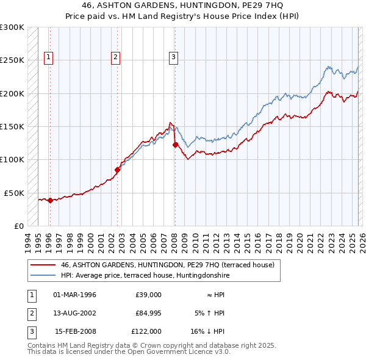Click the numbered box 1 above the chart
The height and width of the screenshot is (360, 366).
(x=48, y=58)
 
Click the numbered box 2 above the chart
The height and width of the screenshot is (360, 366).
(x=115, y=58)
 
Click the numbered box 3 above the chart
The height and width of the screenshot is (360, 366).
(x=173, y=58)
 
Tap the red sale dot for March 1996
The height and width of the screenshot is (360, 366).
(x=50, y=200)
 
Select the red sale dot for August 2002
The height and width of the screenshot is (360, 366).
(x=117, y=170)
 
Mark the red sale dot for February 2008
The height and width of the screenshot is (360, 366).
(x=175, y=145)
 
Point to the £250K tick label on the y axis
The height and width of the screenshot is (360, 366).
(x=12, y=60)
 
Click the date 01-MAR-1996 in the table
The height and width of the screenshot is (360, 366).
(x=75, y=295)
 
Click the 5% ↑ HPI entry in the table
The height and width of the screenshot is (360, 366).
(x=209, y=313)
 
